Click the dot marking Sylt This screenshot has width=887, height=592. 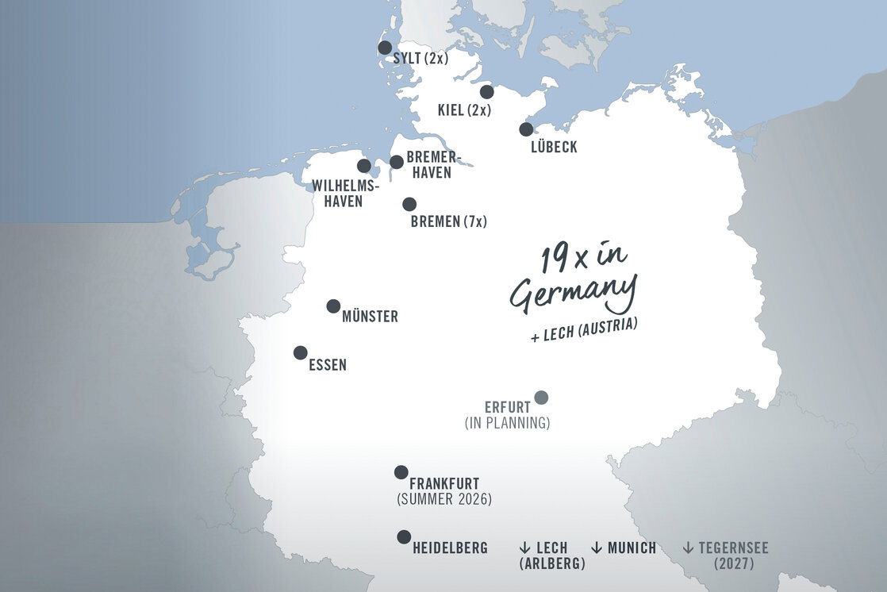click(x=385, y=48)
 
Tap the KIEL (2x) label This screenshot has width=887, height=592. click(x=464, y=110)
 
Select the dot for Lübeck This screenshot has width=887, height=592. click(x=526, y=129)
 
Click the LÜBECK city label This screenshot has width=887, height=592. click(x=554, y=148)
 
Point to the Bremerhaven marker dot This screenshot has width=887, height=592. click(x=397, y=162)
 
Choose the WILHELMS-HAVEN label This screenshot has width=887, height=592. click(x=345, y=194)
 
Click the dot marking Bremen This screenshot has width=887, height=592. click(x=409, y=204)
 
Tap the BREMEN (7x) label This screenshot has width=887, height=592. click(x=448, y=222)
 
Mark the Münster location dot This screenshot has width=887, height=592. click(x=333, y=306)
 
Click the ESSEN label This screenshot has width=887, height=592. click(x=327, y=366)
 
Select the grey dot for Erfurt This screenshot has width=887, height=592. click(x=541, y=398)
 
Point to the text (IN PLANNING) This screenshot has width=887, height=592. click(x=507, y=423)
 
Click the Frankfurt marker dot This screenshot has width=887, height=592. click(x=401, y=472)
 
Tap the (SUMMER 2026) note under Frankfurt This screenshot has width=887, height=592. click(x=443, y=499)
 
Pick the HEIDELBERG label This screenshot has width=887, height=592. click(x=450, y=548)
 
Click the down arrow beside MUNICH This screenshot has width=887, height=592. click(x=597, y=548)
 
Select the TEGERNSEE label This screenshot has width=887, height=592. click(x=733, y=548)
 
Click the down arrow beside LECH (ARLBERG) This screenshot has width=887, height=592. click(x=524, y=548)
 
